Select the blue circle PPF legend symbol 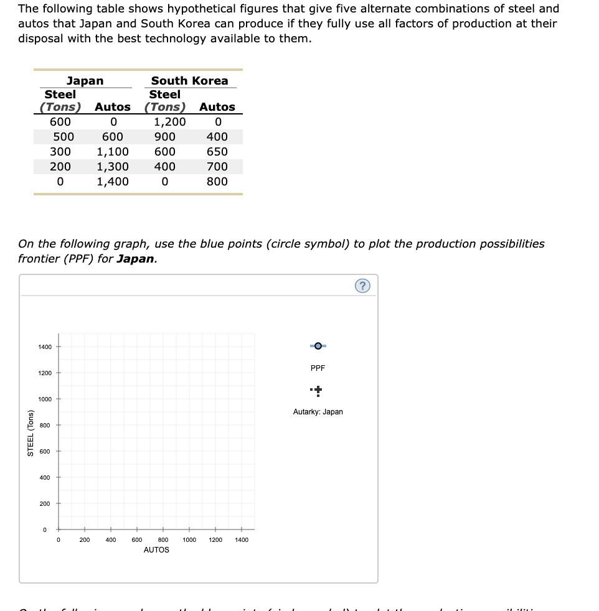pyautogui.click(x=318, y=345)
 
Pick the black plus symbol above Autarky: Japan pyautogui.click(x=318, y=391)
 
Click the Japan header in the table pyautogui.click(x=85, y=81)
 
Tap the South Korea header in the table pyautogui.click(x=189, y=81)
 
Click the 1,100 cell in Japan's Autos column pyautogui.click(x=113, y=152)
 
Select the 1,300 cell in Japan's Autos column pyautogui.click(x=113, y=167)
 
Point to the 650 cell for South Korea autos pyautogui.click(x=217, y=152)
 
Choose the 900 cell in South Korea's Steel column pyautogui.click(x=165, y=137)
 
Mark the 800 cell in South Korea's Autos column pyautogui.click(x=217, y=182)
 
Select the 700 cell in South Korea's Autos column pyautogui.click(x=217, y=167)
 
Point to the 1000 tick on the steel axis pyautogui.click(x=45, y=399)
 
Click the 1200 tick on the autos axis pyautogui.click(x=215, y=540)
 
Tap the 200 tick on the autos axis pyautogui.click(x=85, y=540)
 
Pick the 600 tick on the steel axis pyautogui.click(x=45, y=451)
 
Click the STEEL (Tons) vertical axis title pyautogui.click(x=30, y=434)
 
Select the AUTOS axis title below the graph pyautogui.click(x=156, y=550)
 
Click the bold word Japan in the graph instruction pyautogui.click(x=136, y=259)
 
